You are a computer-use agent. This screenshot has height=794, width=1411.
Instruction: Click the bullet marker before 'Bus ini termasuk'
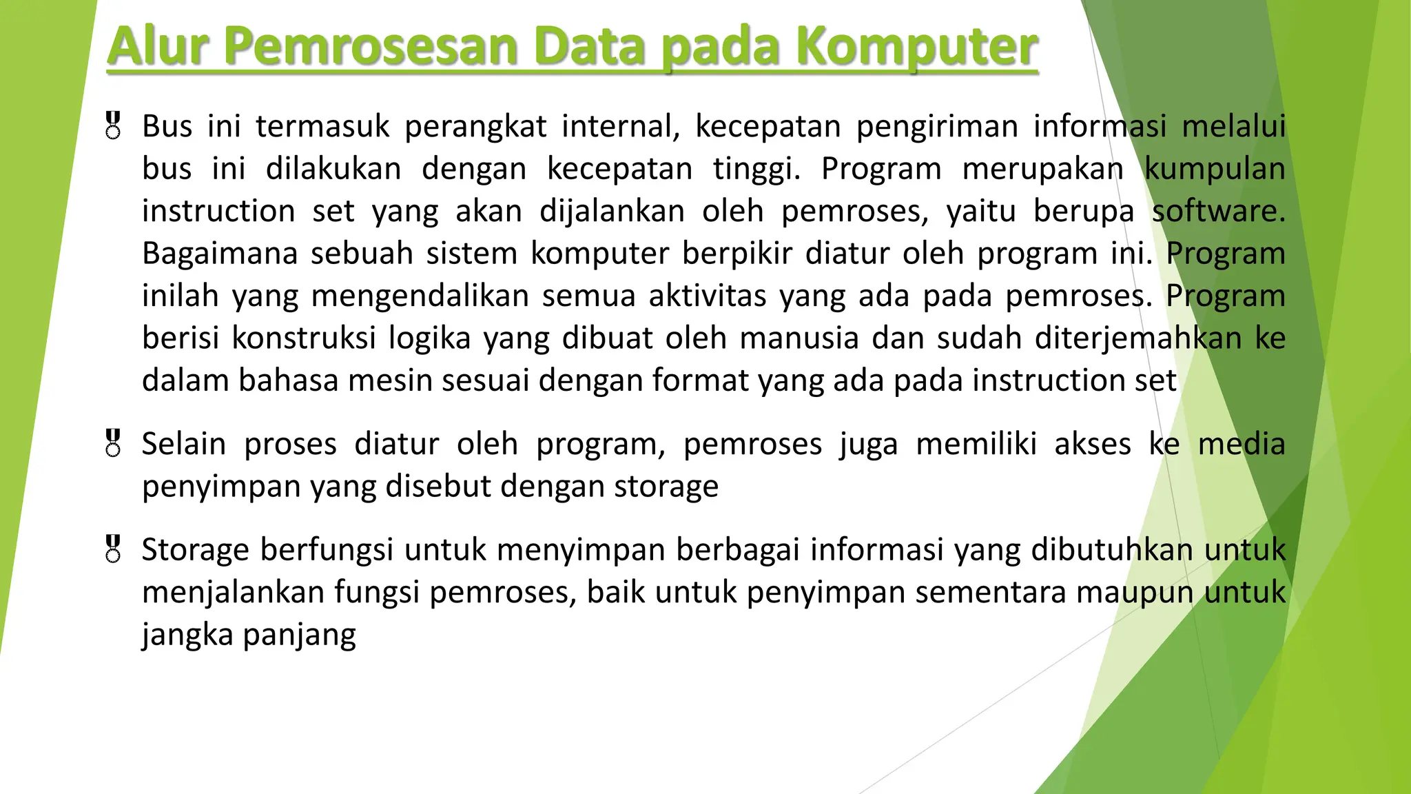[114, 126]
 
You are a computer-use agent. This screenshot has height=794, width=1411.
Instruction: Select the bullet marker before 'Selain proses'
[114, 443]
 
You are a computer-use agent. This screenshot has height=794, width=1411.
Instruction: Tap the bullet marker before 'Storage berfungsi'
[114, 549]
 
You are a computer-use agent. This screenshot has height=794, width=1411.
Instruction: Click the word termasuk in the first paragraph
[322, 126]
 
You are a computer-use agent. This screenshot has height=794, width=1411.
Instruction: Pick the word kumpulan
[1215, 169]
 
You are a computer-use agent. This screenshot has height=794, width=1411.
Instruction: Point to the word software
[1218, 211]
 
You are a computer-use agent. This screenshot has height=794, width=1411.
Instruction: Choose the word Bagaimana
[220, 254]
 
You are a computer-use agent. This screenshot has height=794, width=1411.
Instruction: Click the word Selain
[184, 444]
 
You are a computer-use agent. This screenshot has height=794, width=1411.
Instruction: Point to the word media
[1242, 444]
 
